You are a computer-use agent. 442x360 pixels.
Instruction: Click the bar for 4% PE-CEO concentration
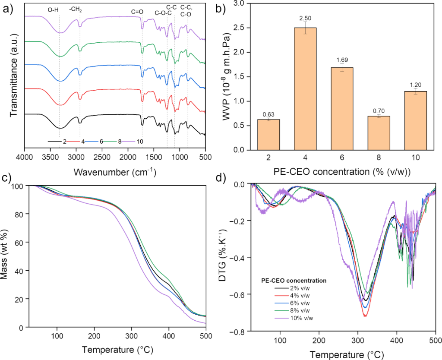305,88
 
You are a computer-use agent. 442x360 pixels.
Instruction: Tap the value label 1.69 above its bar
342,60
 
